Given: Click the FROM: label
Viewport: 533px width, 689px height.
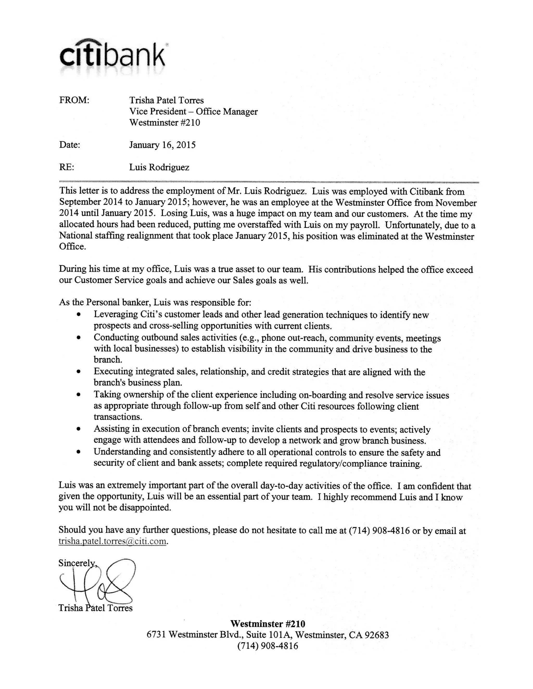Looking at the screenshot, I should pos(74,100).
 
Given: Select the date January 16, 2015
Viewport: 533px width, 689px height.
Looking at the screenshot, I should pos(162,145).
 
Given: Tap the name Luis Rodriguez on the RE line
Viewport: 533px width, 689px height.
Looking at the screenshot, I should pos(159,167).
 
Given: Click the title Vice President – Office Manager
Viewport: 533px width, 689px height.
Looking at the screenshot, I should pos(193,111).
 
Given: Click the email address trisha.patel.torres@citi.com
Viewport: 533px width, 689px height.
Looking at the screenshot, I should pos(112,541).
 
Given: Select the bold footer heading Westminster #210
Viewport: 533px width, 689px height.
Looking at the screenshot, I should pos(268,624).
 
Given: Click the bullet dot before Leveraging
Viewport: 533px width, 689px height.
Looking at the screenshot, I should pos(79,315).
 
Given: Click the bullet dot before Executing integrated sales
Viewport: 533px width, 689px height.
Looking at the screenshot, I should pos(79,372).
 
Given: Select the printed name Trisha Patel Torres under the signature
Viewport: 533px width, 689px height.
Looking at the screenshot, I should pos(95,608).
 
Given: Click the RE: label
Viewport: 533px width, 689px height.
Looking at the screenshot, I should pos(67,167).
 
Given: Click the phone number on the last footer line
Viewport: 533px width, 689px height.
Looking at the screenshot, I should pos(268,646).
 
